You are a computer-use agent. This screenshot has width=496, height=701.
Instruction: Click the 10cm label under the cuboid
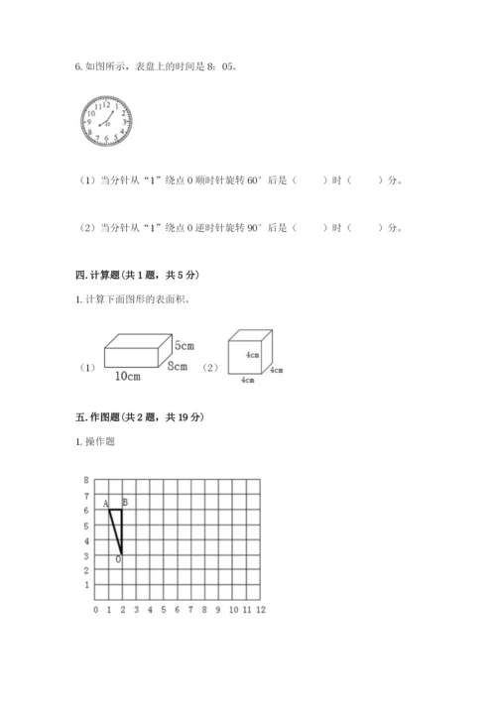tap(126, 377)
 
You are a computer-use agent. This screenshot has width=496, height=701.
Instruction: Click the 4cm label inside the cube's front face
tap(251, 354)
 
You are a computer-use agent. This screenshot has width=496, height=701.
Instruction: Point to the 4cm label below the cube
tap(247, 379)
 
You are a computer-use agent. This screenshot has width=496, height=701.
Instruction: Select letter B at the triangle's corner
tap(125, 502)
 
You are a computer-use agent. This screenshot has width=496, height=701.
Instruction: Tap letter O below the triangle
tap(119, 560)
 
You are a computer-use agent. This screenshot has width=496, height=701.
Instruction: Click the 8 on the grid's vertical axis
tap(87, 480)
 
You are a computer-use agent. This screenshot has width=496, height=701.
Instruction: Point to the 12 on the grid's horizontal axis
tap(260, 610)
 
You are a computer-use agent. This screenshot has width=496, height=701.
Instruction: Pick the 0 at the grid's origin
tap(95, 610)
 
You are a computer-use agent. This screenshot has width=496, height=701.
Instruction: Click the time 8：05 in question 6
tap(224, 67)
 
